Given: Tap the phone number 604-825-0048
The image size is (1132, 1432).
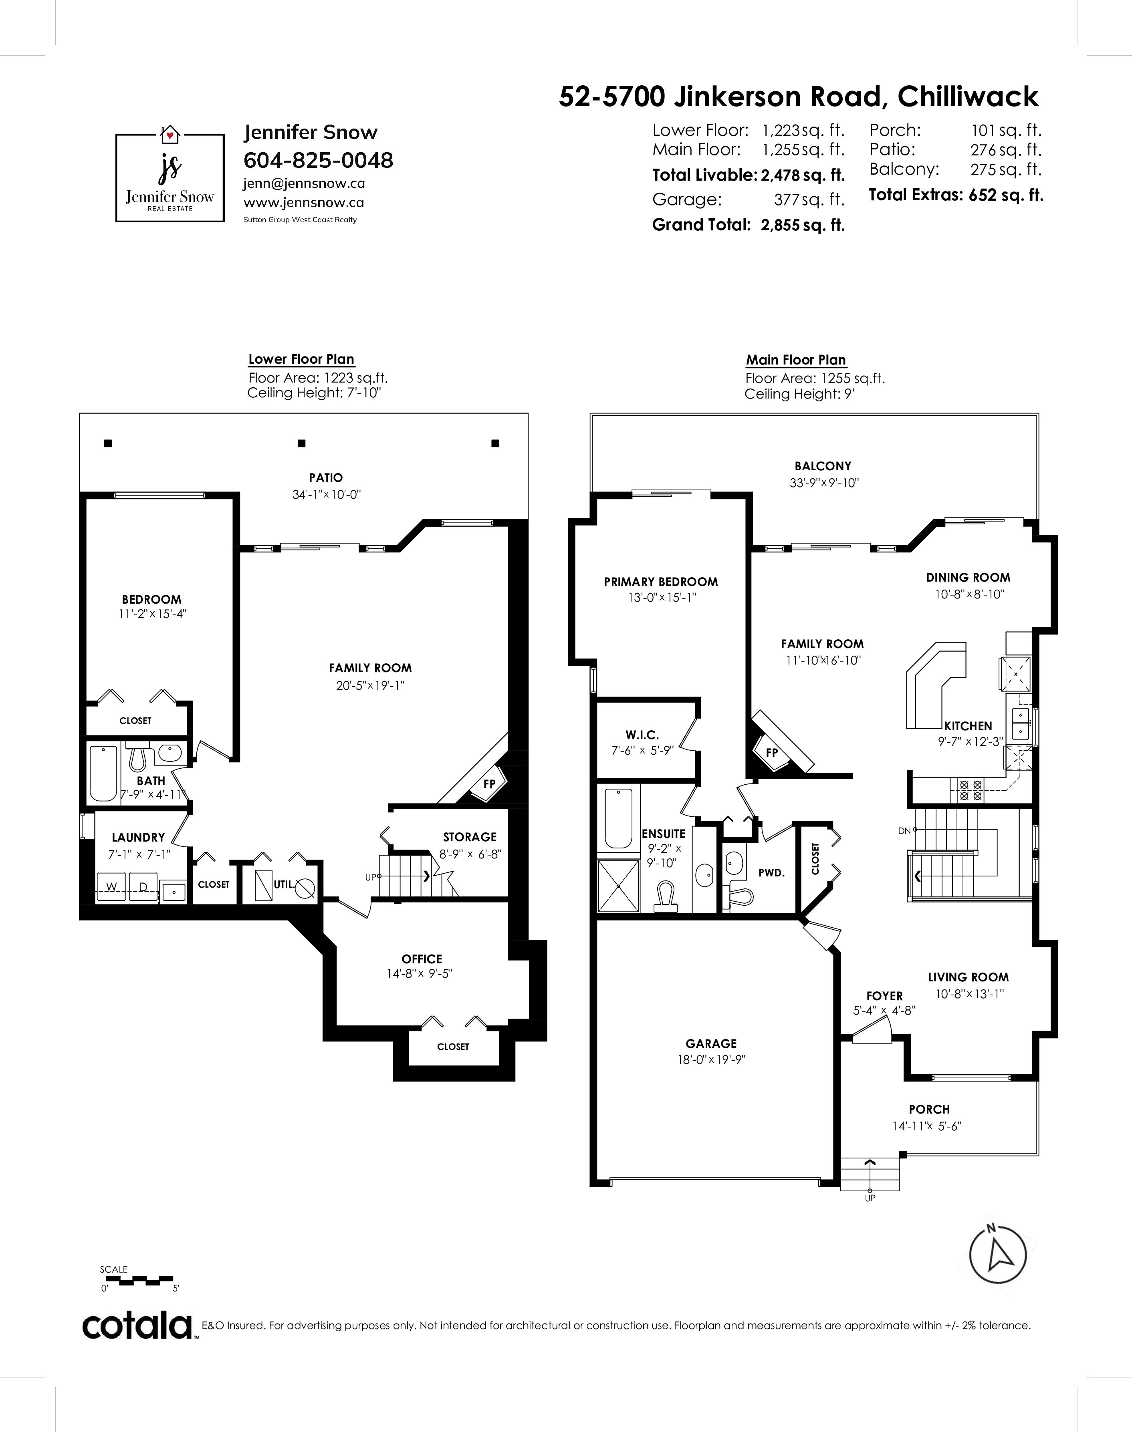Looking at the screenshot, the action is [318, 160].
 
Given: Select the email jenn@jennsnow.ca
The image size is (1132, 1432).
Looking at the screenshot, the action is [304, 183].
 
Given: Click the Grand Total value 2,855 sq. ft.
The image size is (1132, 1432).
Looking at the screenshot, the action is [803, 225].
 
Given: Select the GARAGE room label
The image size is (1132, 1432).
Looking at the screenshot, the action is [711, 1044].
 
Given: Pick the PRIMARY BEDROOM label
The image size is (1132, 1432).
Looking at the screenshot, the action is [661, 582].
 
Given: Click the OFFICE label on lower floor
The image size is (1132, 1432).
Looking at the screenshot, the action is [422, 959].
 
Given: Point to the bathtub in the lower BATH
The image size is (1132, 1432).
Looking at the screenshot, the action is [103, 773].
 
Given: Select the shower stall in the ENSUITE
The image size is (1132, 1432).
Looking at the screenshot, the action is [618, 886].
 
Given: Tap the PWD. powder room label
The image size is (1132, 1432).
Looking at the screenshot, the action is [771, 873].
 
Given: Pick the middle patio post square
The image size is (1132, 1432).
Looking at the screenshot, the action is [302, 443].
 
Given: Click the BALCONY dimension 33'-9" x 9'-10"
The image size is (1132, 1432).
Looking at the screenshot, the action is [824, 483].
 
